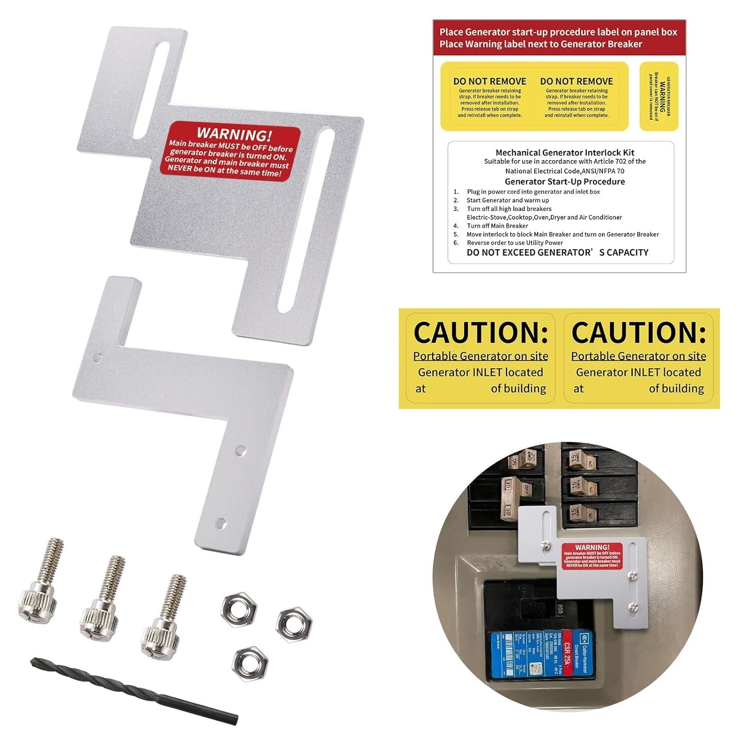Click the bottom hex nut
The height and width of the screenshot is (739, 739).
tap(250, 663)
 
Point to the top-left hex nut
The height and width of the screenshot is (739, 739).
tap(238, 610)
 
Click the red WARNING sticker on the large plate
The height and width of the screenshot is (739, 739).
tap(231, 151)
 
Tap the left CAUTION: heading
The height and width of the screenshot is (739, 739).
tap(480, 333)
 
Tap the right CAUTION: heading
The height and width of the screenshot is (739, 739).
tap(638, 333)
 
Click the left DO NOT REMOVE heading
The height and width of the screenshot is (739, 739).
tap(490, 81)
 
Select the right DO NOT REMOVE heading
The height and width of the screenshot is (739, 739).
tap(576, 81)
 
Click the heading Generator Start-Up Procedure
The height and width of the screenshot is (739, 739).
tap(565, 181)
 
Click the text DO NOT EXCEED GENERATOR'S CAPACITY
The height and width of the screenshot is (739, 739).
tap(557, 252)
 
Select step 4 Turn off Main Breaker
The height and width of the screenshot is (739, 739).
tap(497, 226)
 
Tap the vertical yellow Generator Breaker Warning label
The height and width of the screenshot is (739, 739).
tap(659, 97)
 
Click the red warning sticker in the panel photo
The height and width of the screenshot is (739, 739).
tap(592, 556)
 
